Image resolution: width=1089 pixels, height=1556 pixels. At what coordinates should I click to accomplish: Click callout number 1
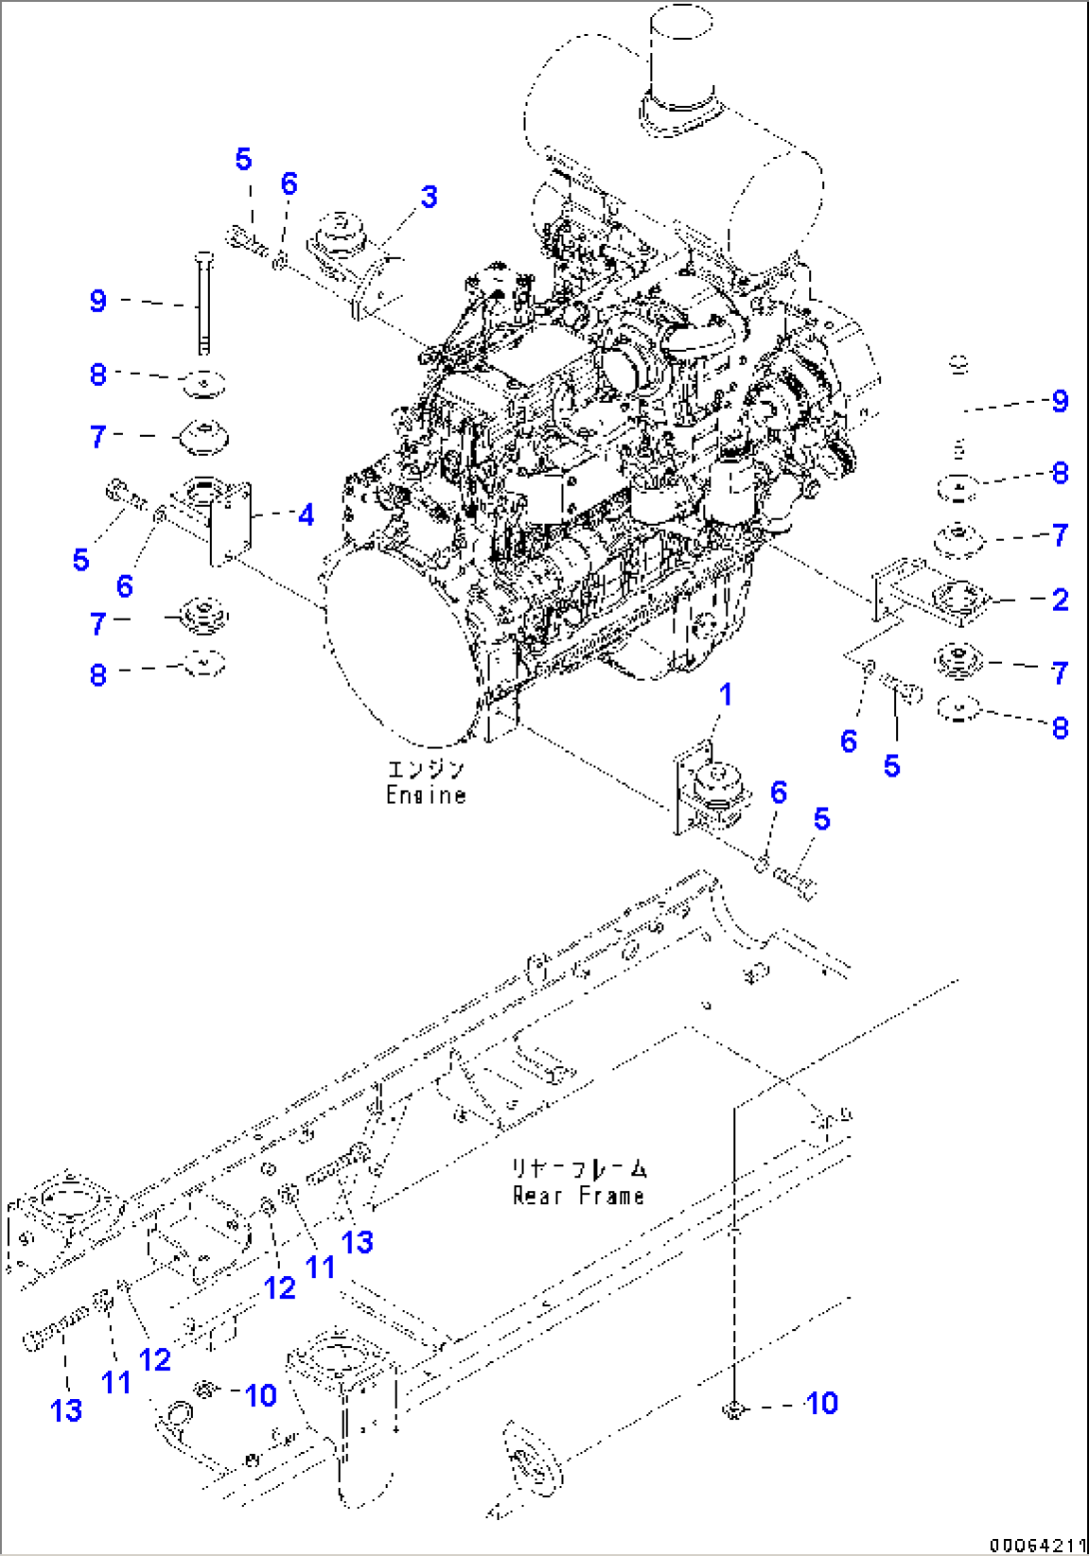[x=725, y=695]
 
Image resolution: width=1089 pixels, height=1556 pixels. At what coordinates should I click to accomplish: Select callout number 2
[x=1060, y=600]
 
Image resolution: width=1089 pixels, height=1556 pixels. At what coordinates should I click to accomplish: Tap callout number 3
[x=429, y=197]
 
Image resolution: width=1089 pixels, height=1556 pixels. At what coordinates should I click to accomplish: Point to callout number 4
[x=306, y=515]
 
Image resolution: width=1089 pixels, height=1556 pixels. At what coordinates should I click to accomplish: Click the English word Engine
[x=427, y=795]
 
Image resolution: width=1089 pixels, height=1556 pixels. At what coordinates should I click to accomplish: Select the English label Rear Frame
[x=577, y=1195]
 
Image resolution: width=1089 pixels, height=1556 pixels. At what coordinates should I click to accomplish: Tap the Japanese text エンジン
[x=427, y=770]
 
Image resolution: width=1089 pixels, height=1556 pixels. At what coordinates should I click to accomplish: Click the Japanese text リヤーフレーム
[x=578, y=1168]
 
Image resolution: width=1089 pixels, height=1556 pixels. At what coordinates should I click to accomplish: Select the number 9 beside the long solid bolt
[x=98, y=301]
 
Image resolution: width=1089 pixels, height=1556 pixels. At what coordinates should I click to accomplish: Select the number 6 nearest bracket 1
[x=778, y=793]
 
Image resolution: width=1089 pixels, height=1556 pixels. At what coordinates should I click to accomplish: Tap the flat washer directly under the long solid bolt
[x=204, y=382]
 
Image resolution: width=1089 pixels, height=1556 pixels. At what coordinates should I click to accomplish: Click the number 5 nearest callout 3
[x=244, y=160]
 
